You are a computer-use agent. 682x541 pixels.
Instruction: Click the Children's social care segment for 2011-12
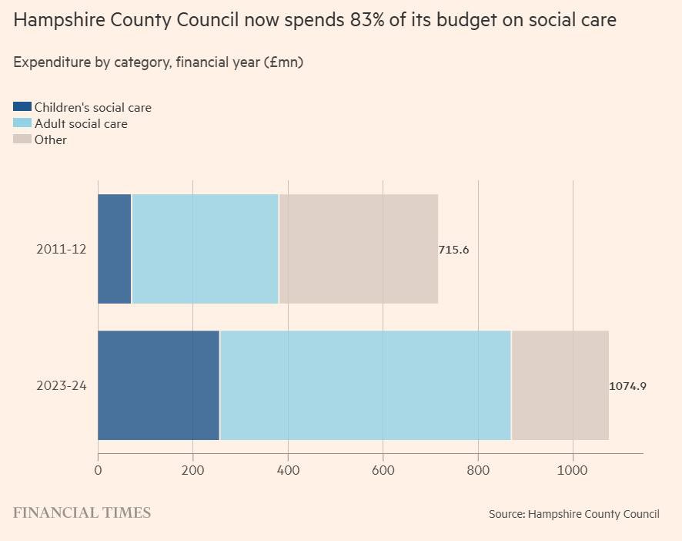(115, 249)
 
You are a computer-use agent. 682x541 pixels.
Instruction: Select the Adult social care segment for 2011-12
(205, 249)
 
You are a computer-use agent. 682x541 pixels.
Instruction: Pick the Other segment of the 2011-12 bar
(359, 249)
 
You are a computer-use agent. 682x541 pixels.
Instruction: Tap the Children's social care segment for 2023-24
(159, 385)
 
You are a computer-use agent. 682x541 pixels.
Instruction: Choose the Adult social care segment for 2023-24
(366, 385)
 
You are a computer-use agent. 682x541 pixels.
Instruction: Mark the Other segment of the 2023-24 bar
(560, 385)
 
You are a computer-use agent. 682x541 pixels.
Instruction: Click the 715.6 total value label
(453, 250)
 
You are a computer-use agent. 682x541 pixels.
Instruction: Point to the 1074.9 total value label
(627, 386)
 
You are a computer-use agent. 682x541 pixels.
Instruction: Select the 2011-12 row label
(62, 249)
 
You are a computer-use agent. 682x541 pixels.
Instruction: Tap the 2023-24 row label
(62, 385)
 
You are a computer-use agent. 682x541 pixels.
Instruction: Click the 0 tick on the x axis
(98, 470)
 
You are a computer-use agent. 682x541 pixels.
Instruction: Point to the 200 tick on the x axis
(193, 470)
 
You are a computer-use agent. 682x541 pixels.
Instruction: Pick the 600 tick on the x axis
(383, 470)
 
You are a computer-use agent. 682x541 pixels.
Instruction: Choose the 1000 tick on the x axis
(573, 470)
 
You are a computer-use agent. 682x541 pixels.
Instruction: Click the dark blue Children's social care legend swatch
(22, 107)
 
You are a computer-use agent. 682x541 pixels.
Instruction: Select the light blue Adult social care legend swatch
(22, 123)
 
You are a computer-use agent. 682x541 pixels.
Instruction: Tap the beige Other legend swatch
(22, 139)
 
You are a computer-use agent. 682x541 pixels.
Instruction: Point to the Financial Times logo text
(82, 513)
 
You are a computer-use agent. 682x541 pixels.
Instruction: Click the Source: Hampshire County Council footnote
(573, 514)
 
